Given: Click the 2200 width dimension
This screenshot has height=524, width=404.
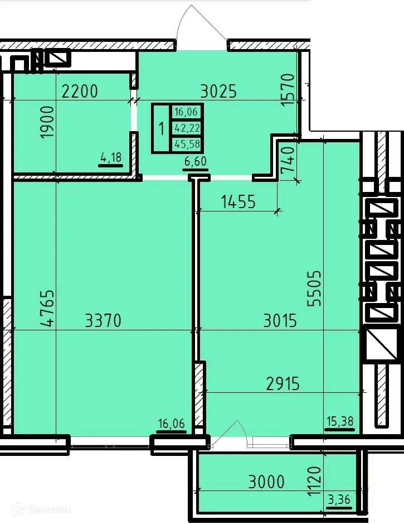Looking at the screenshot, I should coord(79,91).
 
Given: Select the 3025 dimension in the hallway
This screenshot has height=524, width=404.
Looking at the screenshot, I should coord(218,91).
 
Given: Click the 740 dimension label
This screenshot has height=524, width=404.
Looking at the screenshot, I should coord(286,161).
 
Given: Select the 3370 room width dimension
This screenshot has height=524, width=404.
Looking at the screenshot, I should coord(103,321).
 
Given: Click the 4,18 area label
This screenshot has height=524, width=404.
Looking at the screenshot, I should coord(110,158).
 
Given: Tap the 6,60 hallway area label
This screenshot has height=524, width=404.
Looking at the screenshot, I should coord(194,162).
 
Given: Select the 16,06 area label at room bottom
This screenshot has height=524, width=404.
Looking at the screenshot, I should coord(171,424).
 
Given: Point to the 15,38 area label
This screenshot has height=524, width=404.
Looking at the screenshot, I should coord(340,421).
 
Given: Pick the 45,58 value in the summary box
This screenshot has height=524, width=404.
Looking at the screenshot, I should coord(186,145).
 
